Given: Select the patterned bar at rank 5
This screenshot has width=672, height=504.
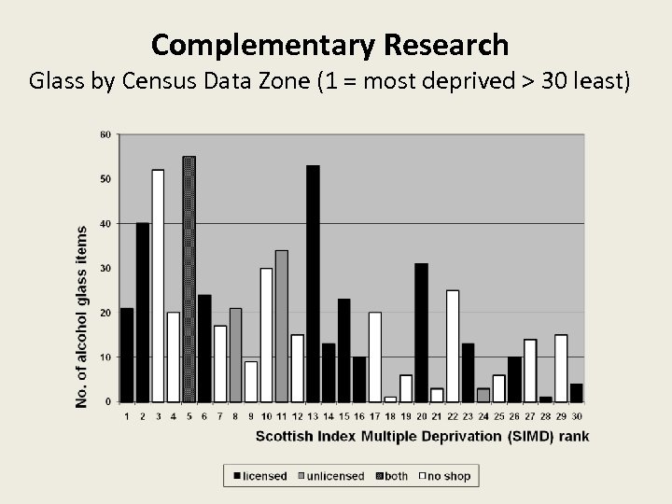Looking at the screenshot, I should [x=189, y=279].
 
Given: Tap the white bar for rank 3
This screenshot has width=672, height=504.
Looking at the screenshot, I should [x=158, y=286].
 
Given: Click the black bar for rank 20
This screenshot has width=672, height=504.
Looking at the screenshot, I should [x=421, y=332].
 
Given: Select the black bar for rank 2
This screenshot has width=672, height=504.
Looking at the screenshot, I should [x=143, y=312].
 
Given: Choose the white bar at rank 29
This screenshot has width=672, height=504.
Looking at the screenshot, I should [x=561, y=368].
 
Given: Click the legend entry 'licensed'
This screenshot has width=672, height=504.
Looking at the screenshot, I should [x=259, y=476].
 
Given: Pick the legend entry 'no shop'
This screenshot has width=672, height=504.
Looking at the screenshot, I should [x=445, y=476].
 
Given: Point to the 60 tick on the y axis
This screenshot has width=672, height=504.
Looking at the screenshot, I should [x=105, y=135].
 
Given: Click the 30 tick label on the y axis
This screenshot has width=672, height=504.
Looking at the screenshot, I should [x=105, y=269].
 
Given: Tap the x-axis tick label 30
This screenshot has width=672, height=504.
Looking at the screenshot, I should [x=576, y=416].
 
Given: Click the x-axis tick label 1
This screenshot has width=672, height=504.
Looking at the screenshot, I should [x=127, y=416].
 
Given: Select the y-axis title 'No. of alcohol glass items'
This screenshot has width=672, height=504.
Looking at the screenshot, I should [x=82, y=315].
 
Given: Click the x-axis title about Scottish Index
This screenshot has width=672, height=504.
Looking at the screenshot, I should [x=422, y=435].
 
